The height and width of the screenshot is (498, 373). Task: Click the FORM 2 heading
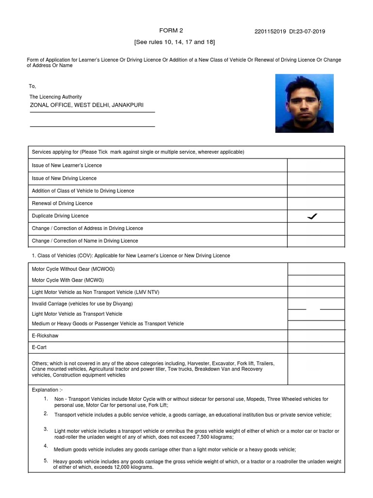(x=171, y=31)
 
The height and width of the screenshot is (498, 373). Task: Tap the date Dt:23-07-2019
(x=308, y=32)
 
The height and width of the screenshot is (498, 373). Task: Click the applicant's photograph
(x=304, y=103)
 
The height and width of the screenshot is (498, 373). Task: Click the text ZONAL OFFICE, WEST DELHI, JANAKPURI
(x=87, y=105)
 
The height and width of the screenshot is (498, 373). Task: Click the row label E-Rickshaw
(x=45, y=336)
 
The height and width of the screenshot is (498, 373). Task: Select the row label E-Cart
(x=40, y=348)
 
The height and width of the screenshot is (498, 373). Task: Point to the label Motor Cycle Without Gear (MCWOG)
(x=73, y=269)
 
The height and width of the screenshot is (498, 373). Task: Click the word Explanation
(x=45, y=390)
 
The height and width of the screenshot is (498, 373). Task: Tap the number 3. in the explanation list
(x=46, y=429)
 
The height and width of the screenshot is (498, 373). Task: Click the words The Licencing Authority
(x=55, y=97)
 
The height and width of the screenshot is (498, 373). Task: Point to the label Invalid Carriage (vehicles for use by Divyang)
(x=83, y=304)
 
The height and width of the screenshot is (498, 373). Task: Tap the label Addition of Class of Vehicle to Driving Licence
(x=83, y=191)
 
